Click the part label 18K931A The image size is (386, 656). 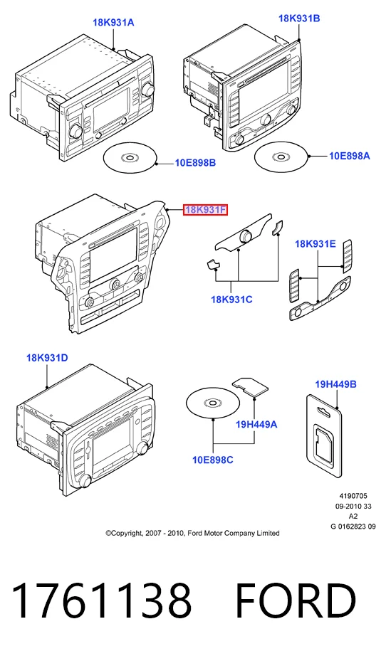click(x=113, y=22)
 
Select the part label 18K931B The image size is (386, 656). click(x=299, y=18)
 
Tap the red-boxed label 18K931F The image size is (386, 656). click(x=205, y=210)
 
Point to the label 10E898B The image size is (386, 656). click(x=195, y=162)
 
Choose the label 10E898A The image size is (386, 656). click(x=350, y=156)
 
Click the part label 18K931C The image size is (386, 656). click(x=231, y=300)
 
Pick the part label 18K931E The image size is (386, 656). click(x=315, y=243)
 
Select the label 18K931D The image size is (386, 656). click(x=47, y=358)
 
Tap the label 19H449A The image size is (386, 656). click(x=256, y=424)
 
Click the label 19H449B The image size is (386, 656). click(x=335, y=383)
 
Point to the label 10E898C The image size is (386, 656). click(x=213, y=460)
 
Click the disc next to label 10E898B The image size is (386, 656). click(x=130, y=158)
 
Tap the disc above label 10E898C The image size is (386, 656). click(x=213, y=403)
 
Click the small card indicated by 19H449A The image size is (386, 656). click(x=251, y=386)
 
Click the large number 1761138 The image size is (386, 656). click(x=101, y=601)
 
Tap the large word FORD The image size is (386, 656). click(x=296, y=601)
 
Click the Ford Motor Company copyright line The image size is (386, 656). click(x=192, y=533)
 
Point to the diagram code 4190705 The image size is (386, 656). click(x=353, y=496)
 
